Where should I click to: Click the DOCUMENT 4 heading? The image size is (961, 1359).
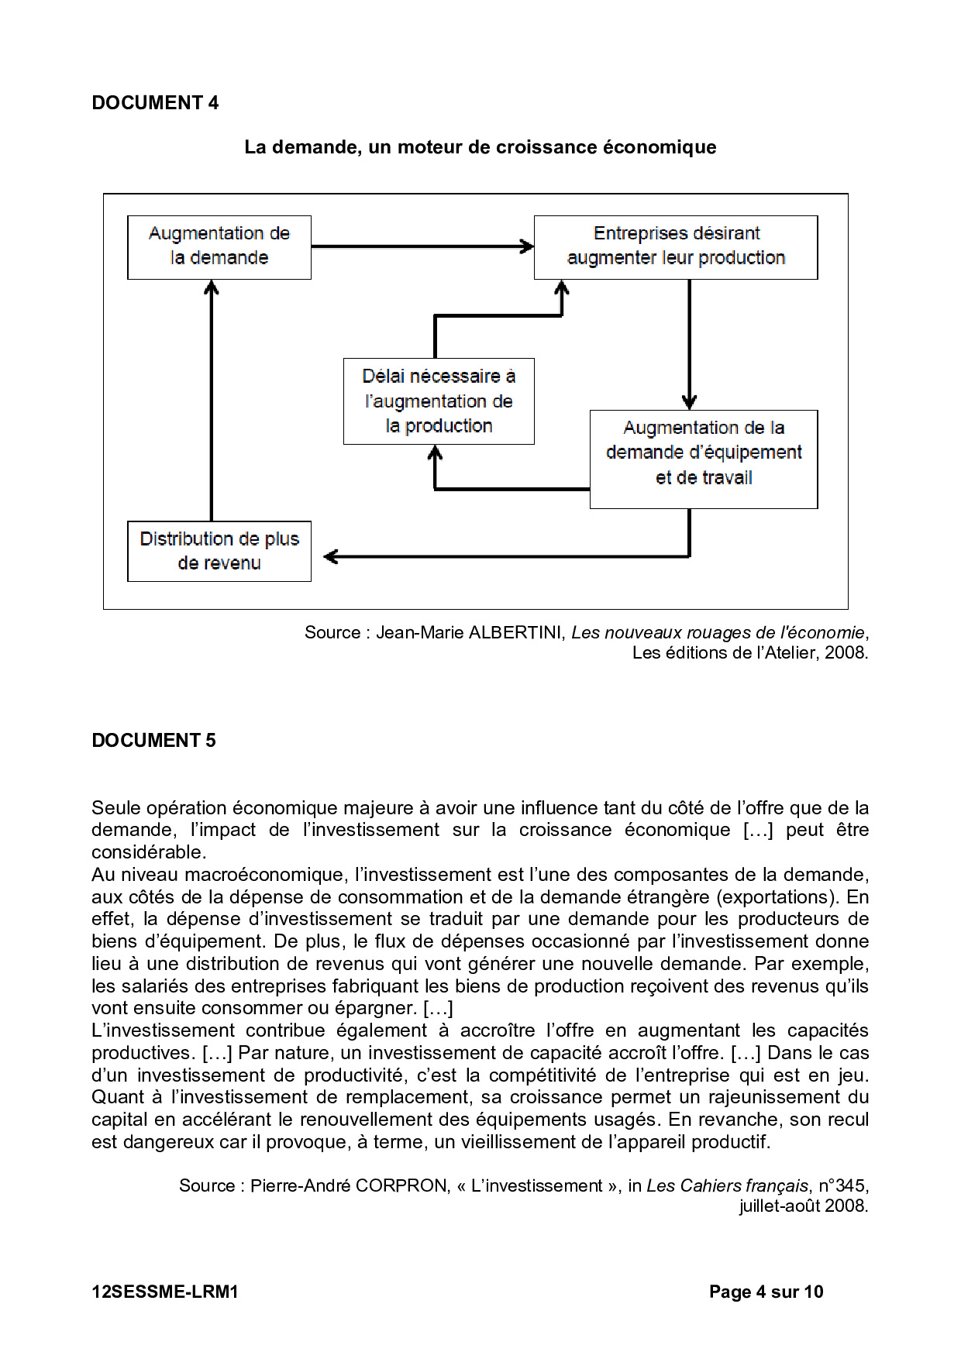pyautogui.click(x=155, y=103)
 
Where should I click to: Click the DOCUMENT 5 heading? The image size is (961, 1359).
pyautogui.click(x=153, y=741)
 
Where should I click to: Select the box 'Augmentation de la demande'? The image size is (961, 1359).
pyautogui.click(x=219, y=247)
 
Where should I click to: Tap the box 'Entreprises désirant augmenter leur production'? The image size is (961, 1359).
pyautogui.click(x=676, y=247)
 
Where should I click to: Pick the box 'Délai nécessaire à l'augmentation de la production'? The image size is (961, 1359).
pyautogui.click(x=439, y=401)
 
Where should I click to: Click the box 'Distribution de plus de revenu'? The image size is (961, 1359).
pyautogui.click(x=219, y=551)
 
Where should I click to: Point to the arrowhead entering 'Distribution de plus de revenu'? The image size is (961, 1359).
pyautogui.click(x=331, y=556)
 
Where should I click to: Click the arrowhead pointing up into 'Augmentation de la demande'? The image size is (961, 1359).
pyautogui.click(x=212, y=287)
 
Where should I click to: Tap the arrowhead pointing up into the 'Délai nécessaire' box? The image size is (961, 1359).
pyautogui.click(x=436, y=453)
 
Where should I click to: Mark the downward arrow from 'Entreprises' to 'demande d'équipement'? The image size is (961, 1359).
pyautogui.click(x=689, y=345)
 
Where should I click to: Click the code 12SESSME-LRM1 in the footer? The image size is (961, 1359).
pyautogui.click(x=165, y=1292)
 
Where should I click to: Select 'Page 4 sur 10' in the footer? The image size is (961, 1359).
pyautogui.click(x=766, y=1292)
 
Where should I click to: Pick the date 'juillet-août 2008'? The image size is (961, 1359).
pyautogui.click(x=803, y=1206)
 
